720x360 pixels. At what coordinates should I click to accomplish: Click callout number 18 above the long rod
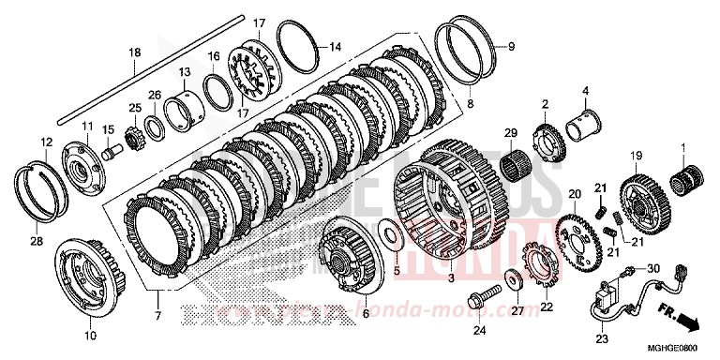click(134, 52)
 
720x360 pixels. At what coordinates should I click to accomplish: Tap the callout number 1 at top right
click(683, 146)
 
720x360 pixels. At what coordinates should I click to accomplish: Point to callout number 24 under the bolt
click(480, 330)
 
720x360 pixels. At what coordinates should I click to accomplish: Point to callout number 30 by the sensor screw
click(653, 267)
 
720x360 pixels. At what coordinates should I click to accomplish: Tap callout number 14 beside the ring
click(335, 46)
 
